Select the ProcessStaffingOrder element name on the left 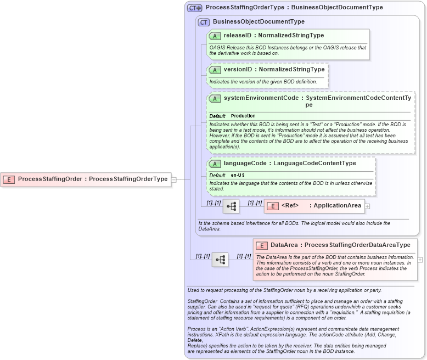coord(50,179)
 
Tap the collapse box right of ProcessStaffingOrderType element coord(173,179)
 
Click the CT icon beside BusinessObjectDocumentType coord(204,22)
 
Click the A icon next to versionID coord(215,70)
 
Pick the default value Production coord(243,116)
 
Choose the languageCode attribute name coord(245,163)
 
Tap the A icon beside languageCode coord(215,164)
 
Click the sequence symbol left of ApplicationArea coord(231,206)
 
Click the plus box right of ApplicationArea coord(368,206)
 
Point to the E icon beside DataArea coord(262,245)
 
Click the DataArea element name coord(284,245)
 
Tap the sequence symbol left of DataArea coord(220,260)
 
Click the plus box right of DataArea coord(420,260)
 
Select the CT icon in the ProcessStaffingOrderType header coord(195,8)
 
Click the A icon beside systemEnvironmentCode coord(215,98)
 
